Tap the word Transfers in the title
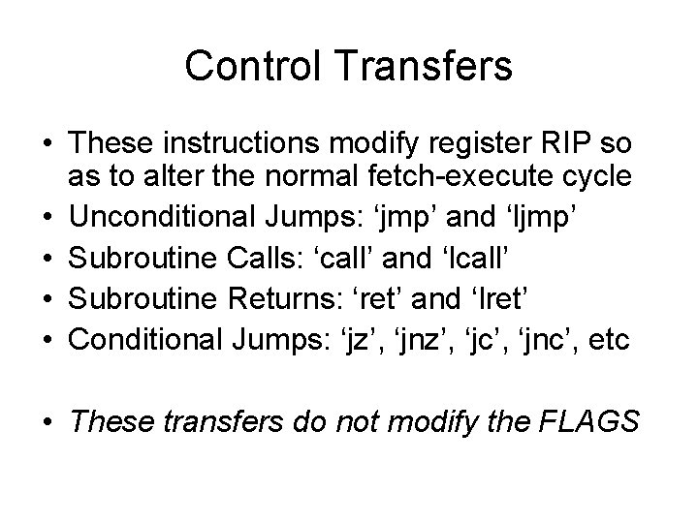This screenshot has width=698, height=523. click(431, 66)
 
